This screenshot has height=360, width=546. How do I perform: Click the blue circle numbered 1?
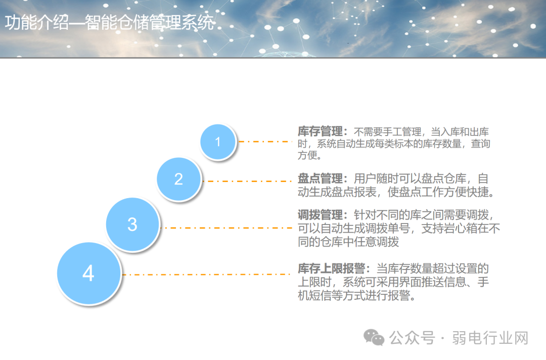click(x=218, y=142)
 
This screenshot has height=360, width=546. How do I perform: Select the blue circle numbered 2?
click(x=178, y=179)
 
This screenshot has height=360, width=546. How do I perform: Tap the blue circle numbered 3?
click(x=132, y=224)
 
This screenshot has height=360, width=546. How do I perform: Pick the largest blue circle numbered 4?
click(x=88, y=274)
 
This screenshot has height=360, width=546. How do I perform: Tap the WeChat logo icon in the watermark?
click(x=375, y=337)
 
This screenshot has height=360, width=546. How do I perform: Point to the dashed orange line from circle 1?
click(x=265, y=142)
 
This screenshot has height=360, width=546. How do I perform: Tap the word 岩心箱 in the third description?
click(x=457, y=229)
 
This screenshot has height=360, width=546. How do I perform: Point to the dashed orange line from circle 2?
click(x=248, y=181)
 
